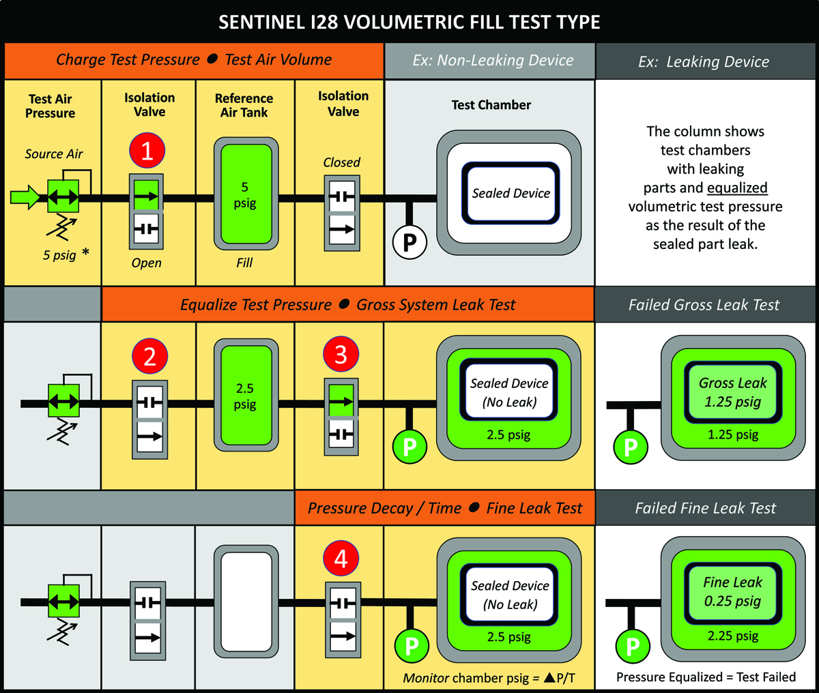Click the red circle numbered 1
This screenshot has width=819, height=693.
coord(147,151)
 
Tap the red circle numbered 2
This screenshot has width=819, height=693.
coord(150,356)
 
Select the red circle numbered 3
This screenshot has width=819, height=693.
coord(341,355)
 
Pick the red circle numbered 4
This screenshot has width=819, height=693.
coord(341,559)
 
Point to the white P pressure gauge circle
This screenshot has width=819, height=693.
coord(409,241)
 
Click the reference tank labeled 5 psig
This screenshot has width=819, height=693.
coord(246,194)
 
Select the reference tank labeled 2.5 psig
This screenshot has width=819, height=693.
coord(246,397)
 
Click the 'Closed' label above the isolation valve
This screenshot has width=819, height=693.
coord(341,162)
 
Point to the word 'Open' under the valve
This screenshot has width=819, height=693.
coord(147,263)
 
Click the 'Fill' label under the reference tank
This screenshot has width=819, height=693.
coord(244,263)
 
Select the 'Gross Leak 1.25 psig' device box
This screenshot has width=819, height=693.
coord(732,392)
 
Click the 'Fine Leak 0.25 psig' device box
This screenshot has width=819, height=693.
coord(732,591)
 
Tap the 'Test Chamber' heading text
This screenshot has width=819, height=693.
coord(491,105)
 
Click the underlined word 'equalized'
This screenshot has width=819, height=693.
coord(737,188)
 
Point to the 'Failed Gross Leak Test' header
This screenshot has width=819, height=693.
coord(704,305)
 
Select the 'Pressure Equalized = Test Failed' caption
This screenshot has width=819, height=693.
coord(706,677)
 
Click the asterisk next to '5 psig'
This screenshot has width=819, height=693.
coord(85,253)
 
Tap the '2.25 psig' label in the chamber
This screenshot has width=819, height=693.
coord(732,636)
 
